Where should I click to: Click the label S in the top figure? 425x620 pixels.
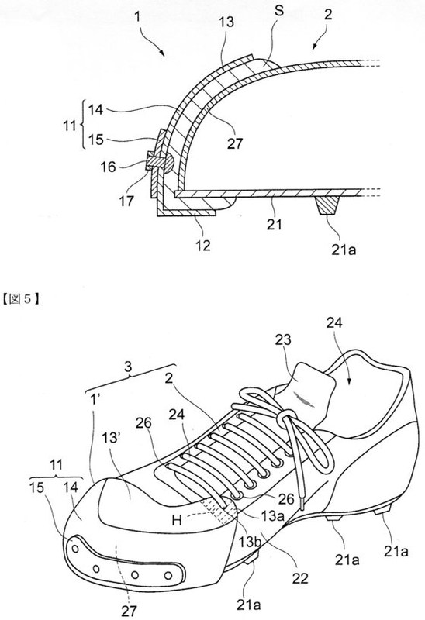[279, 11]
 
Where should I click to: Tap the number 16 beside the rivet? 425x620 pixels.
[107, 167]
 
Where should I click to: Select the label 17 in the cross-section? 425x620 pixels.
[126, 201]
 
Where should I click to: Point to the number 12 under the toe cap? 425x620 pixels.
[203, 246]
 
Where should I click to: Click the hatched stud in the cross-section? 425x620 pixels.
[327, 205]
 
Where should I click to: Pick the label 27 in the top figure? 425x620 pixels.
[235, 143]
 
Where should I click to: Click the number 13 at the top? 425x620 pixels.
[226, 22]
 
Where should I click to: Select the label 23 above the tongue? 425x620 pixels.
[282, 339]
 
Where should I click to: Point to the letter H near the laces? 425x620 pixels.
[177, 520]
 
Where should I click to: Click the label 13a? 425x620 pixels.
[273, 515]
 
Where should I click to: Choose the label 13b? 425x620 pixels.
[248, 541]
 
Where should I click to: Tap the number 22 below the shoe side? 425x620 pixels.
[300, 578]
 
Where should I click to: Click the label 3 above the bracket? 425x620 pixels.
[128, 367]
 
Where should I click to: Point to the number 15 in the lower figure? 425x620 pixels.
[36, 487]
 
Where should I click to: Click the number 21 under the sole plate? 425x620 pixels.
[275, 224]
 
